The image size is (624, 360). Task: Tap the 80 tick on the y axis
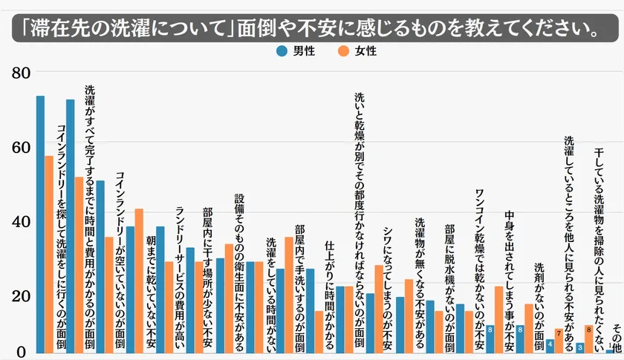point(20,73)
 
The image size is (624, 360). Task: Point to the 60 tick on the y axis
point(20,147)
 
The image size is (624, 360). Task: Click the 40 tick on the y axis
point(20,221)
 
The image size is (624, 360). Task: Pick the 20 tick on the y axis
point(20,295)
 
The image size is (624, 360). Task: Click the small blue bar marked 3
point(579,347)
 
